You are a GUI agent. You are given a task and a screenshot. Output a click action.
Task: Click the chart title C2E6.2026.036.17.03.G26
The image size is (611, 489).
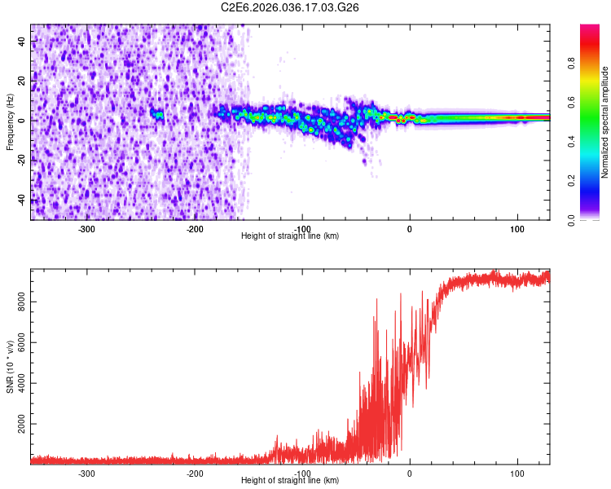(x=290, y=7)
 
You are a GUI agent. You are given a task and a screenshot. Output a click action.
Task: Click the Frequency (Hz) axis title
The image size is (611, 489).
(x=10, y=121)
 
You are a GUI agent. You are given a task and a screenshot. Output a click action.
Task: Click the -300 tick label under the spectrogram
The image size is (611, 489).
(x=86, y=229)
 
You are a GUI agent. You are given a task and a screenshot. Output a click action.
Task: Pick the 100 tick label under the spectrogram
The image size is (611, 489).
(x=516, y=229)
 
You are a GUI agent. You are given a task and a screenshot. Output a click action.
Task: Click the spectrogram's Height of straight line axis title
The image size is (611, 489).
(x=290, y=236)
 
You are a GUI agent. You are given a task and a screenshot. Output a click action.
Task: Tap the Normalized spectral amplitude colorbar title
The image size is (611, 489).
(x=604, y=122)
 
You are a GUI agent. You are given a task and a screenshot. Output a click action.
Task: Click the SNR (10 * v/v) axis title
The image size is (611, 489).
(x=10, y=366)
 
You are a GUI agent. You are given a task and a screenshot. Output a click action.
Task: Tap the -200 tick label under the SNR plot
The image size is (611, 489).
(x=194, y=474)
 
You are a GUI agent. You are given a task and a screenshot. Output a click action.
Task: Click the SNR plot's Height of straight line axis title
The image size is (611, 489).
(x=290, y=481)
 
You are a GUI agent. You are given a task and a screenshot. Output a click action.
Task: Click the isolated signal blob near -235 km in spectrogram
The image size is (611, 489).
(x=157, y=115)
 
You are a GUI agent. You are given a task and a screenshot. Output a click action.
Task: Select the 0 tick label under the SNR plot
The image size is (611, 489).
(x=409, y=474)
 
